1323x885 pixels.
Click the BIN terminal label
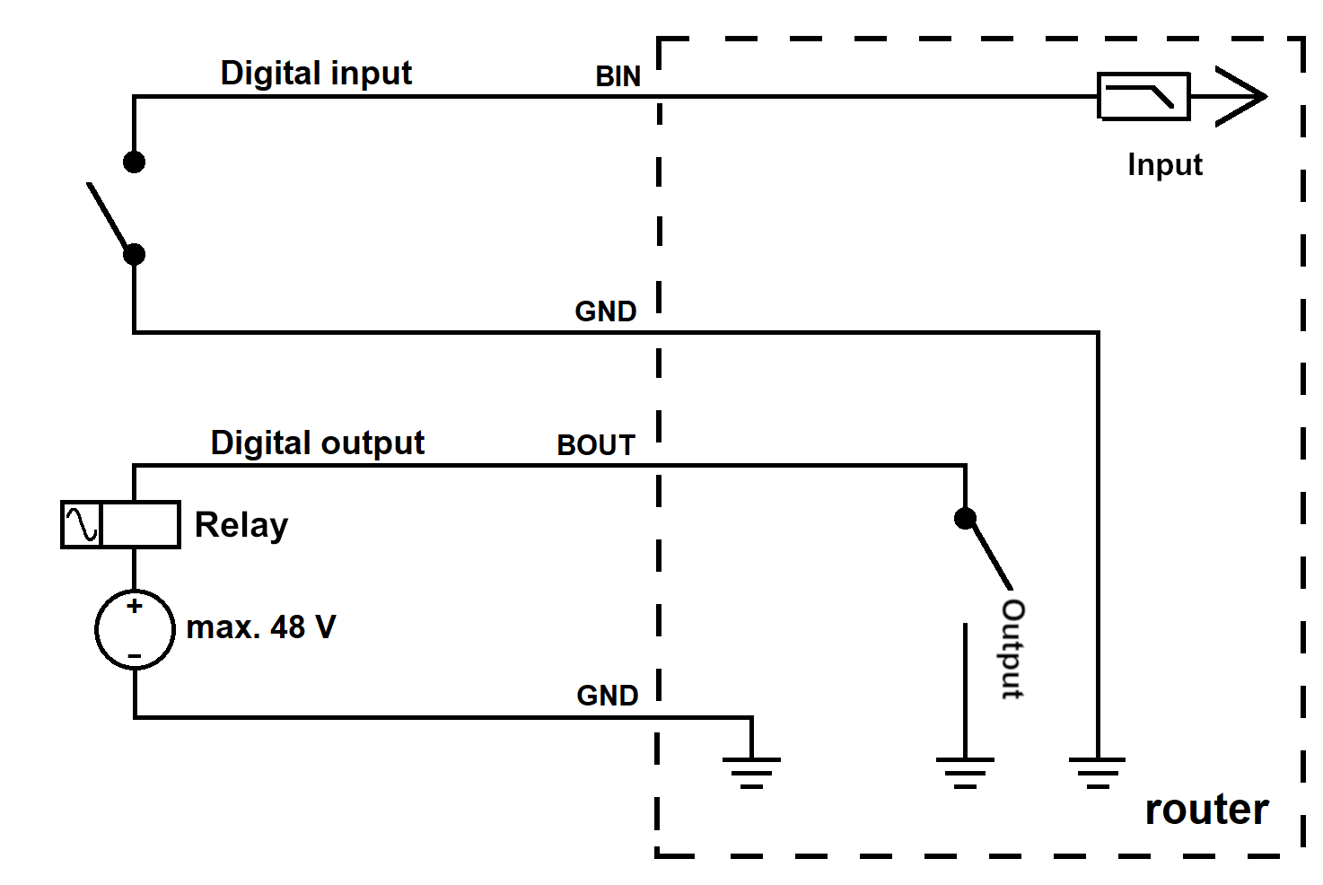tap(618, 77)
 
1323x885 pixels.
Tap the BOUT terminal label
tap(596, 445)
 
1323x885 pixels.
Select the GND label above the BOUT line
tap(606, 311)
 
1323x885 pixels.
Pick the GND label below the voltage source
tap(608, 696)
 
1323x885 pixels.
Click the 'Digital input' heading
tap(316, 74)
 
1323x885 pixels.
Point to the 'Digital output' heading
tap(318, 443)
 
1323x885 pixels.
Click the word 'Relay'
tap(241, 525)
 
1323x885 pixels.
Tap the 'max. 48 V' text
tap(261, 627)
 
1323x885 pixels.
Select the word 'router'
tap(1206, 810)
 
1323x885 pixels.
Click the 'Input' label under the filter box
tap(1165, 165)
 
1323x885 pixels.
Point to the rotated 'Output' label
tap(1013, 649)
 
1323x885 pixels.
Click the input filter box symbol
tap(1143, 96)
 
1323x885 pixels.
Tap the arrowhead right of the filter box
tap(1241, 96)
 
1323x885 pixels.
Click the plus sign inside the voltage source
tap(135, 606)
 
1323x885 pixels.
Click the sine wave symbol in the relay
tap(82, 524)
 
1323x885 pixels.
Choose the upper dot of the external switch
tap(134, 162)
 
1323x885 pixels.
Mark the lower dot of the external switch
tap(134, 255)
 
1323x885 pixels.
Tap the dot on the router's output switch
tap(965, 519)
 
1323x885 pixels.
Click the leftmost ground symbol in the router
tap(751, 773)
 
